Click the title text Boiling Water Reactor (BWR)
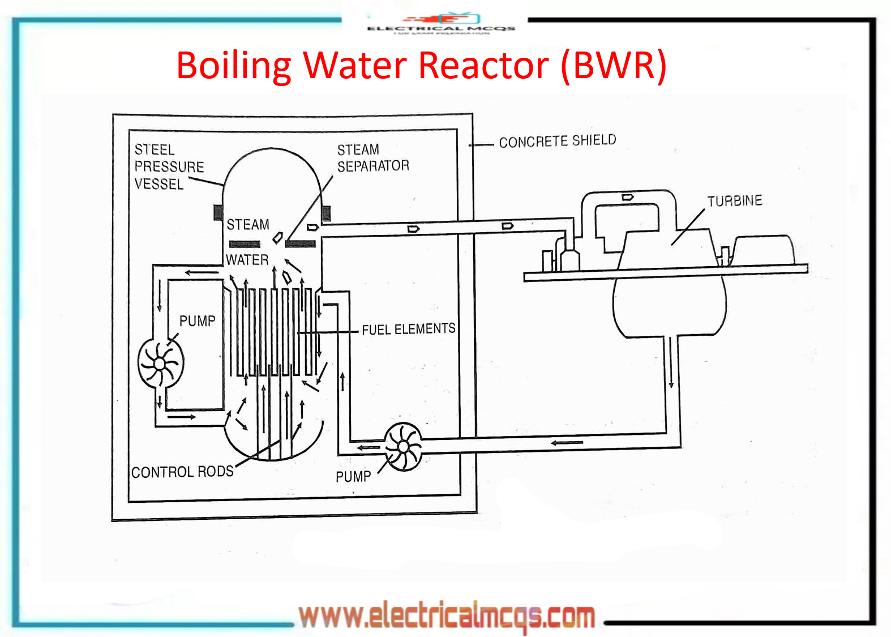coord(421,66)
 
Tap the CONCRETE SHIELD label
coord(557,141)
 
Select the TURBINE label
coord(734,200)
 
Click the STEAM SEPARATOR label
coord(372,158)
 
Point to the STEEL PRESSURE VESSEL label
coord(168,166)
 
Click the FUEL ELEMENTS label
coord(408,329)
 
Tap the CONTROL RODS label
coord(182,472)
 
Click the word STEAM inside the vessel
coord(248,225)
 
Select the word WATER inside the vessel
coord(247,260)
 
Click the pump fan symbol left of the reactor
coord(161,363)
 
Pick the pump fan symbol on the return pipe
coord(403,447)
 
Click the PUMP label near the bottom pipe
coord(353,477)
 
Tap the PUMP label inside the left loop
coord(197,321)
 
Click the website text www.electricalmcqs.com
coord(447,616)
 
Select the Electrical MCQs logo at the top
coord(441,24)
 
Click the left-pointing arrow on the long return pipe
coord(567,442)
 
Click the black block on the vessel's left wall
coord(218,212)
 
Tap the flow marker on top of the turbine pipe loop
coord(627,197)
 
